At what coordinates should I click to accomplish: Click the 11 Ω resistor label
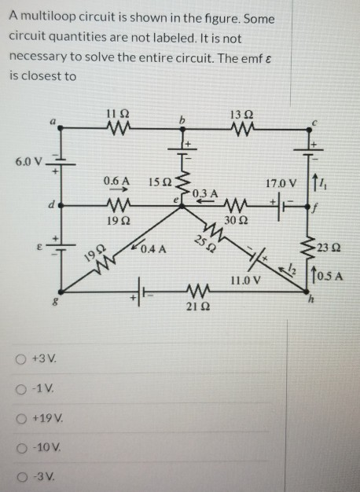click(116, 113)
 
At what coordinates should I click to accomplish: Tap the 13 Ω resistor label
click(238, 113)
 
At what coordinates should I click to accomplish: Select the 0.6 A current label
click(116, 181)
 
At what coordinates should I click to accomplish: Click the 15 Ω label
click(158, 182)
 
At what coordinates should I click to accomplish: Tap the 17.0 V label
click(281, 184)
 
